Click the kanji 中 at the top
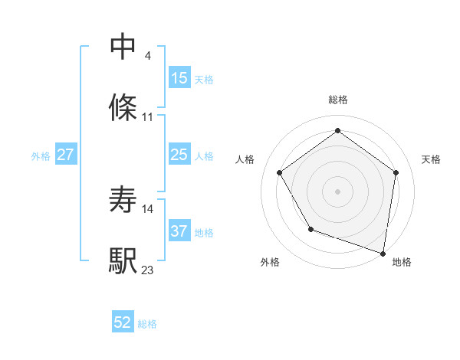point(123,46)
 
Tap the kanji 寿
point(123,199)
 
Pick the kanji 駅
point(123,260)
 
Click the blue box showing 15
point(179,77)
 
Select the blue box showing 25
point(179,155)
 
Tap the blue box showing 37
point(179,231)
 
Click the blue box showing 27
point(66,155)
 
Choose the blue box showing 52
point(123,322)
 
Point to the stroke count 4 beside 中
point(147,56)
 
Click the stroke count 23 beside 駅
point(148,270)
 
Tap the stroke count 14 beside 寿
point(148,208)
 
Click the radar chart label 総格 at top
point(338,100)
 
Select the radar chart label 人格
point(245,159)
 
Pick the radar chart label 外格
point(270,262)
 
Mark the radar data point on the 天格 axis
point(396,172)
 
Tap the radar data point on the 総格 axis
point(338,129)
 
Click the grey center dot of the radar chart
point(338,191)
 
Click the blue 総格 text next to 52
point(147,323)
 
